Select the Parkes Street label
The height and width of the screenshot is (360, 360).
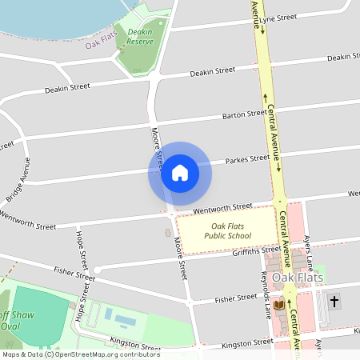pos(248,159)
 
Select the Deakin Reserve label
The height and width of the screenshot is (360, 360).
pos(140,36)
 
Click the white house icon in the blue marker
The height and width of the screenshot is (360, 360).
pos(179,172)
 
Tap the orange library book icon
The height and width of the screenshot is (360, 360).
pos(278,305)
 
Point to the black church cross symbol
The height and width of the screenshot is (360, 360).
pos(334,302)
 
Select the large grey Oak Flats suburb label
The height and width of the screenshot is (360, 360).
pos(300,278)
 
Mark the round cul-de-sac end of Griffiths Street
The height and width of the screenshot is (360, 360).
pos(97,270)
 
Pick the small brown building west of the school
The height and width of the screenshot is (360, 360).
pos(168,233)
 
